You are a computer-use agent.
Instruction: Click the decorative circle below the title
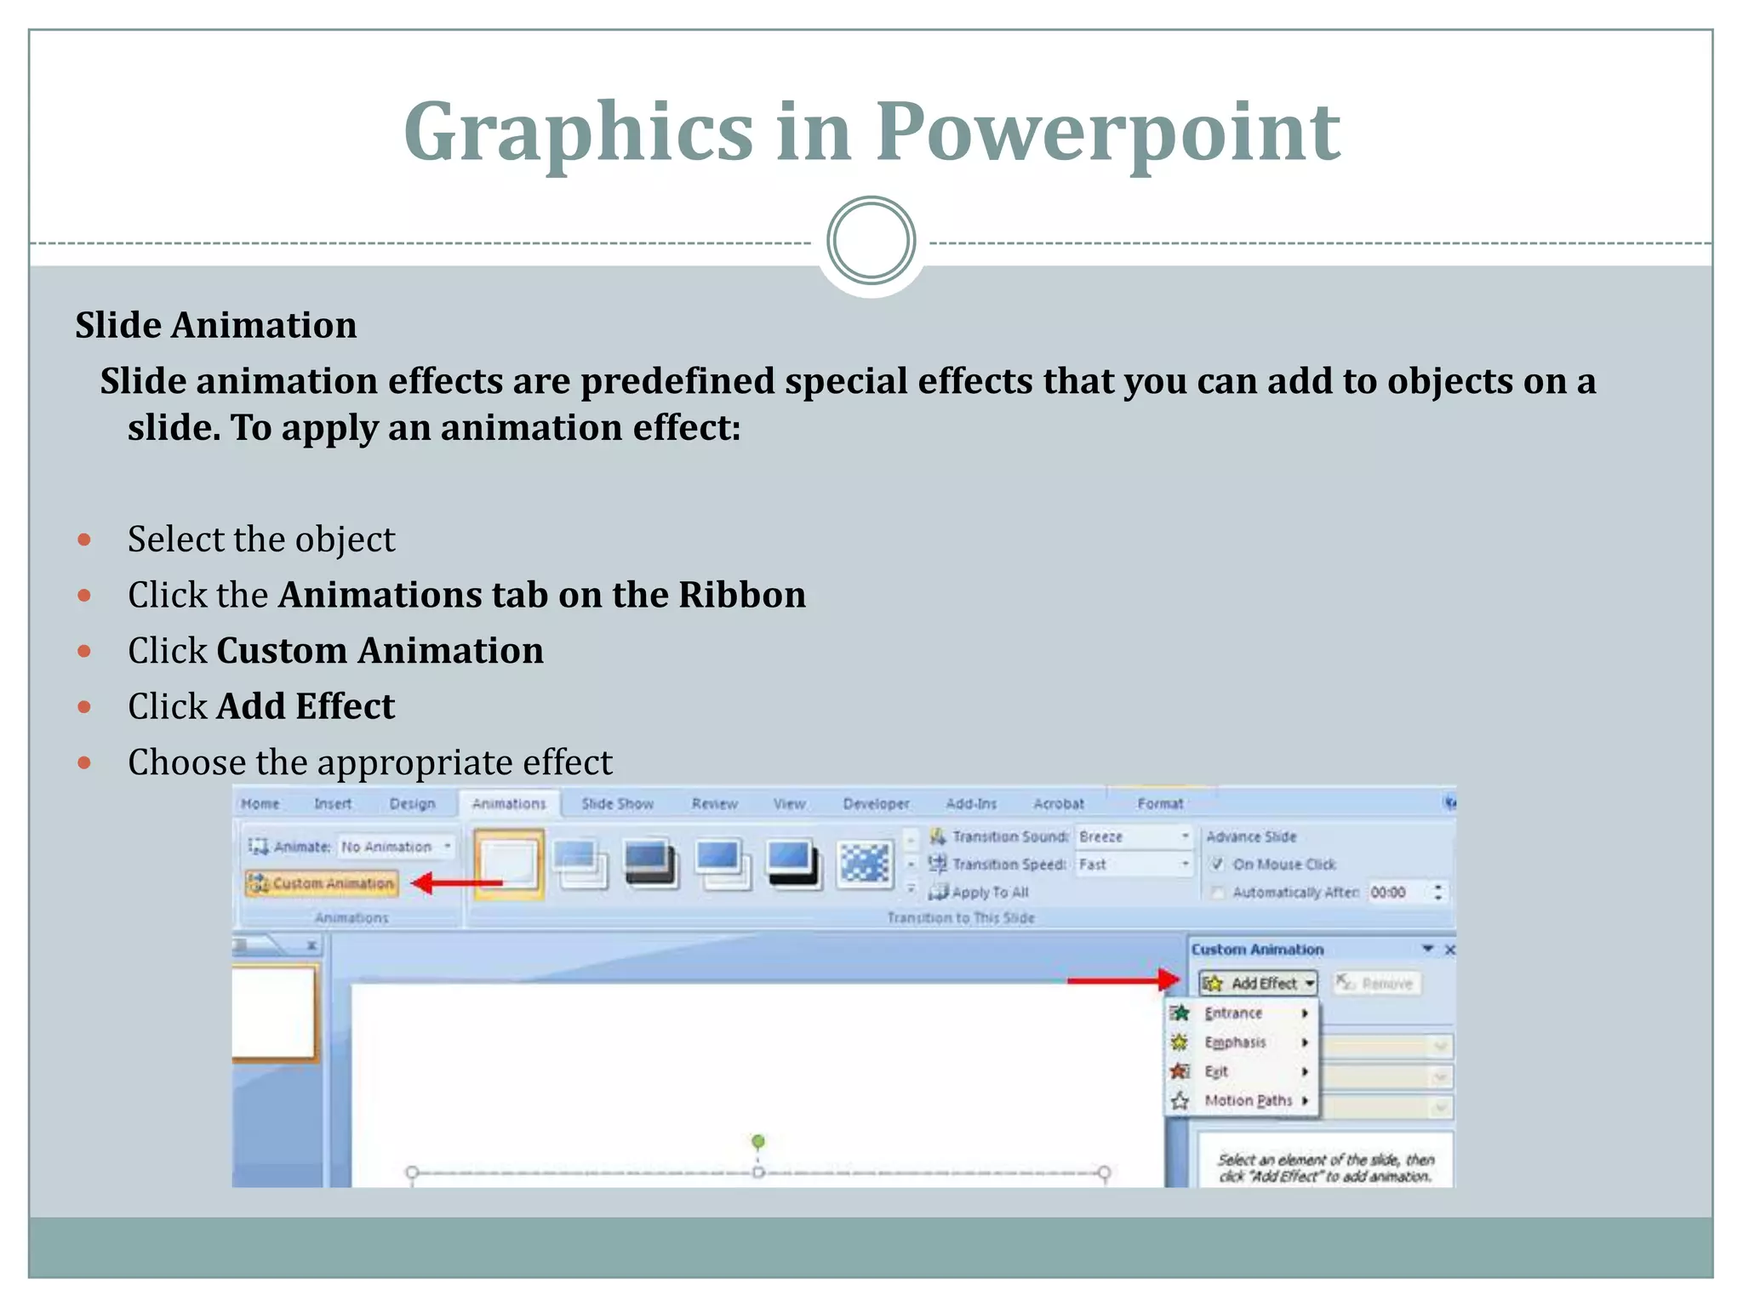871,241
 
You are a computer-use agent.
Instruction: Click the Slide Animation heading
216,325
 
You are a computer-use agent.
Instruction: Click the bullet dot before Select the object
84,539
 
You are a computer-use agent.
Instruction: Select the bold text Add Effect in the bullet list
306,706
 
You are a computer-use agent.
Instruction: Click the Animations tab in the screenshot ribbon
509,803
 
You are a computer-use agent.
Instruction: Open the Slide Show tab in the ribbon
617,803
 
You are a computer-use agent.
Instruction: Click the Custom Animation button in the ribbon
323,883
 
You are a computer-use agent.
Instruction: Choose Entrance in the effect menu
1233,1013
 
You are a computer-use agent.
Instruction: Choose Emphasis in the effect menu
1235,1042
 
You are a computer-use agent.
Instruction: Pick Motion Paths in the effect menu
1248,1100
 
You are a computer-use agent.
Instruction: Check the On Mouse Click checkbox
1217,864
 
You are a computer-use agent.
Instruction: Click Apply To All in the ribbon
989,892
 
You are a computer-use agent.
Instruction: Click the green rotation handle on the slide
758,1140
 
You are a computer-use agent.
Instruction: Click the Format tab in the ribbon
1160,803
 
